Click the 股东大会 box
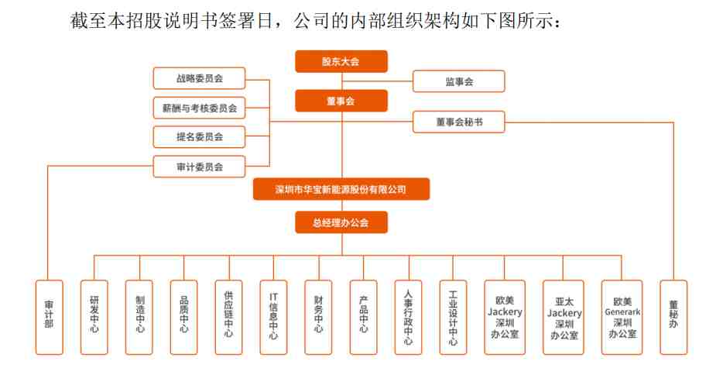(341, 61)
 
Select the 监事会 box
(459, 81)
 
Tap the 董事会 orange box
(341, 101)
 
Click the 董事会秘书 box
(459, 122)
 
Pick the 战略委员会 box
(199, 78)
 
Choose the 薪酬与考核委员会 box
(199, 108)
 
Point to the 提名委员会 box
(199, 136)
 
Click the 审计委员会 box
(199, 167)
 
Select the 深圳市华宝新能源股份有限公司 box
(341, 189)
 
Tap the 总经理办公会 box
(341, 222)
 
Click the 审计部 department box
(50, 318)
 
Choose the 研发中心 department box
(94, 318)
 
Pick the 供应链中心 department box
(229, 318)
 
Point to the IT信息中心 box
(273, 318)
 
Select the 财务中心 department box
(318, 318)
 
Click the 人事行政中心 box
(408, 318)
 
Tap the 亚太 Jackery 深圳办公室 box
(564, 318)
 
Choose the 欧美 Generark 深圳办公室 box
(622, 318)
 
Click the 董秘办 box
(673, 318)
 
